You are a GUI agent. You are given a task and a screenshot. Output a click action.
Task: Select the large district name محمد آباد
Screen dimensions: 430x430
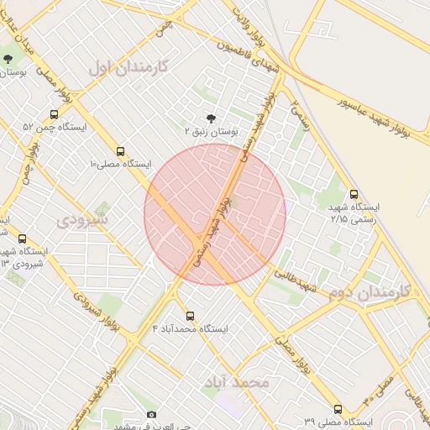pyautogui.click(x=236, y=382)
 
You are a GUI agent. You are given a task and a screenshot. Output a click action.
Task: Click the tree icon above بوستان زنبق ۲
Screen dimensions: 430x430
pyautogui.click(x=210, y=118)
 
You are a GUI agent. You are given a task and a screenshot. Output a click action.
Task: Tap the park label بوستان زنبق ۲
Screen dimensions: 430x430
pyautogui.click(x=212, y=132)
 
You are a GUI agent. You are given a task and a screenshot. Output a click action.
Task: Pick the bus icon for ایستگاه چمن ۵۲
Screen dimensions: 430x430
pyautogui.click(x=55, y=114)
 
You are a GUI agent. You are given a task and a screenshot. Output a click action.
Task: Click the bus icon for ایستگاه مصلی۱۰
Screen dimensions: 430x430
pyautogui.click(x=121, y=152)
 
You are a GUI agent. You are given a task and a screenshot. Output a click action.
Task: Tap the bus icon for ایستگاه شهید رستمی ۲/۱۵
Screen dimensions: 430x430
pyautogui.click(x=354, y=194)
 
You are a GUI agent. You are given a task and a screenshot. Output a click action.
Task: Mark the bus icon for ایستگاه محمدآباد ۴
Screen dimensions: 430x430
pyautogui.click(x=190, y=316)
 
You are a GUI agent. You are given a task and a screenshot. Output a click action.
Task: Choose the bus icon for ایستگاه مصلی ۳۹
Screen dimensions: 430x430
pyautogui.click(x=338, y=409)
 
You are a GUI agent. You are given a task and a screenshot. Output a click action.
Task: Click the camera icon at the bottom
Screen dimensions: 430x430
pyautogui.click(x=151, y=414)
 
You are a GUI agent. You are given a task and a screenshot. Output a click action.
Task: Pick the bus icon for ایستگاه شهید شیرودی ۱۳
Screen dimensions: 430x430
pyautogui.click(x=22, y=239)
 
